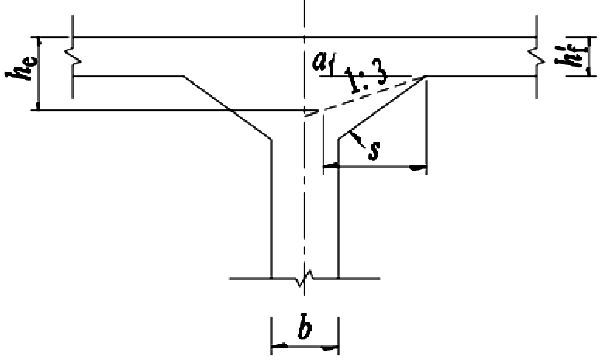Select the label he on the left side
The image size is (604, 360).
pyautogui.click(x=22, y=67)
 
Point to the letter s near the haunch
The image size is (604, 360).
pyautogui.click(x=374, y=151)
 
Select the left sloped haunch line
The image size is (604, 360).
pyautogui.click(x=227, y=107)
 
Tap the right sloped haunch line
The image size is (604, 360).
pyautogui.click(x=382, y=107)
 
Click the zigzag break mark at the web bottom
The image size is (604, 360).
pyautogui.click(x=305, y=278)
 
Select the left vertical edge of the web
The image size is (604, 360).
pyautogui.click(x=271, y=209)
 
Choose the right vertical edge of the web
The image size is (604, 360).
pyautogui.click(x=338, y=209)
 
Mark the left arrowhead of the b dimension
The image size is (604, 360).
pyautogui.click(x=279, y=346)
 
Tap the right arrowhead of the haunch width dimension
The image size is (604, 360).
pyautogui.click(x=418, y=168)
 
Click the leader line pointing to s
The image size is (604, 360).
pyautogui.click(x=357, y=139)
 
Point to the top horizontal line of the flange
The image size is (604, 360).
pyautogui.click(x=305, y=37)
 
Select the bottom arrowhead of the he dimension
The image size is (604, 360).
pyautogui.click(x=38, y=106)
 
